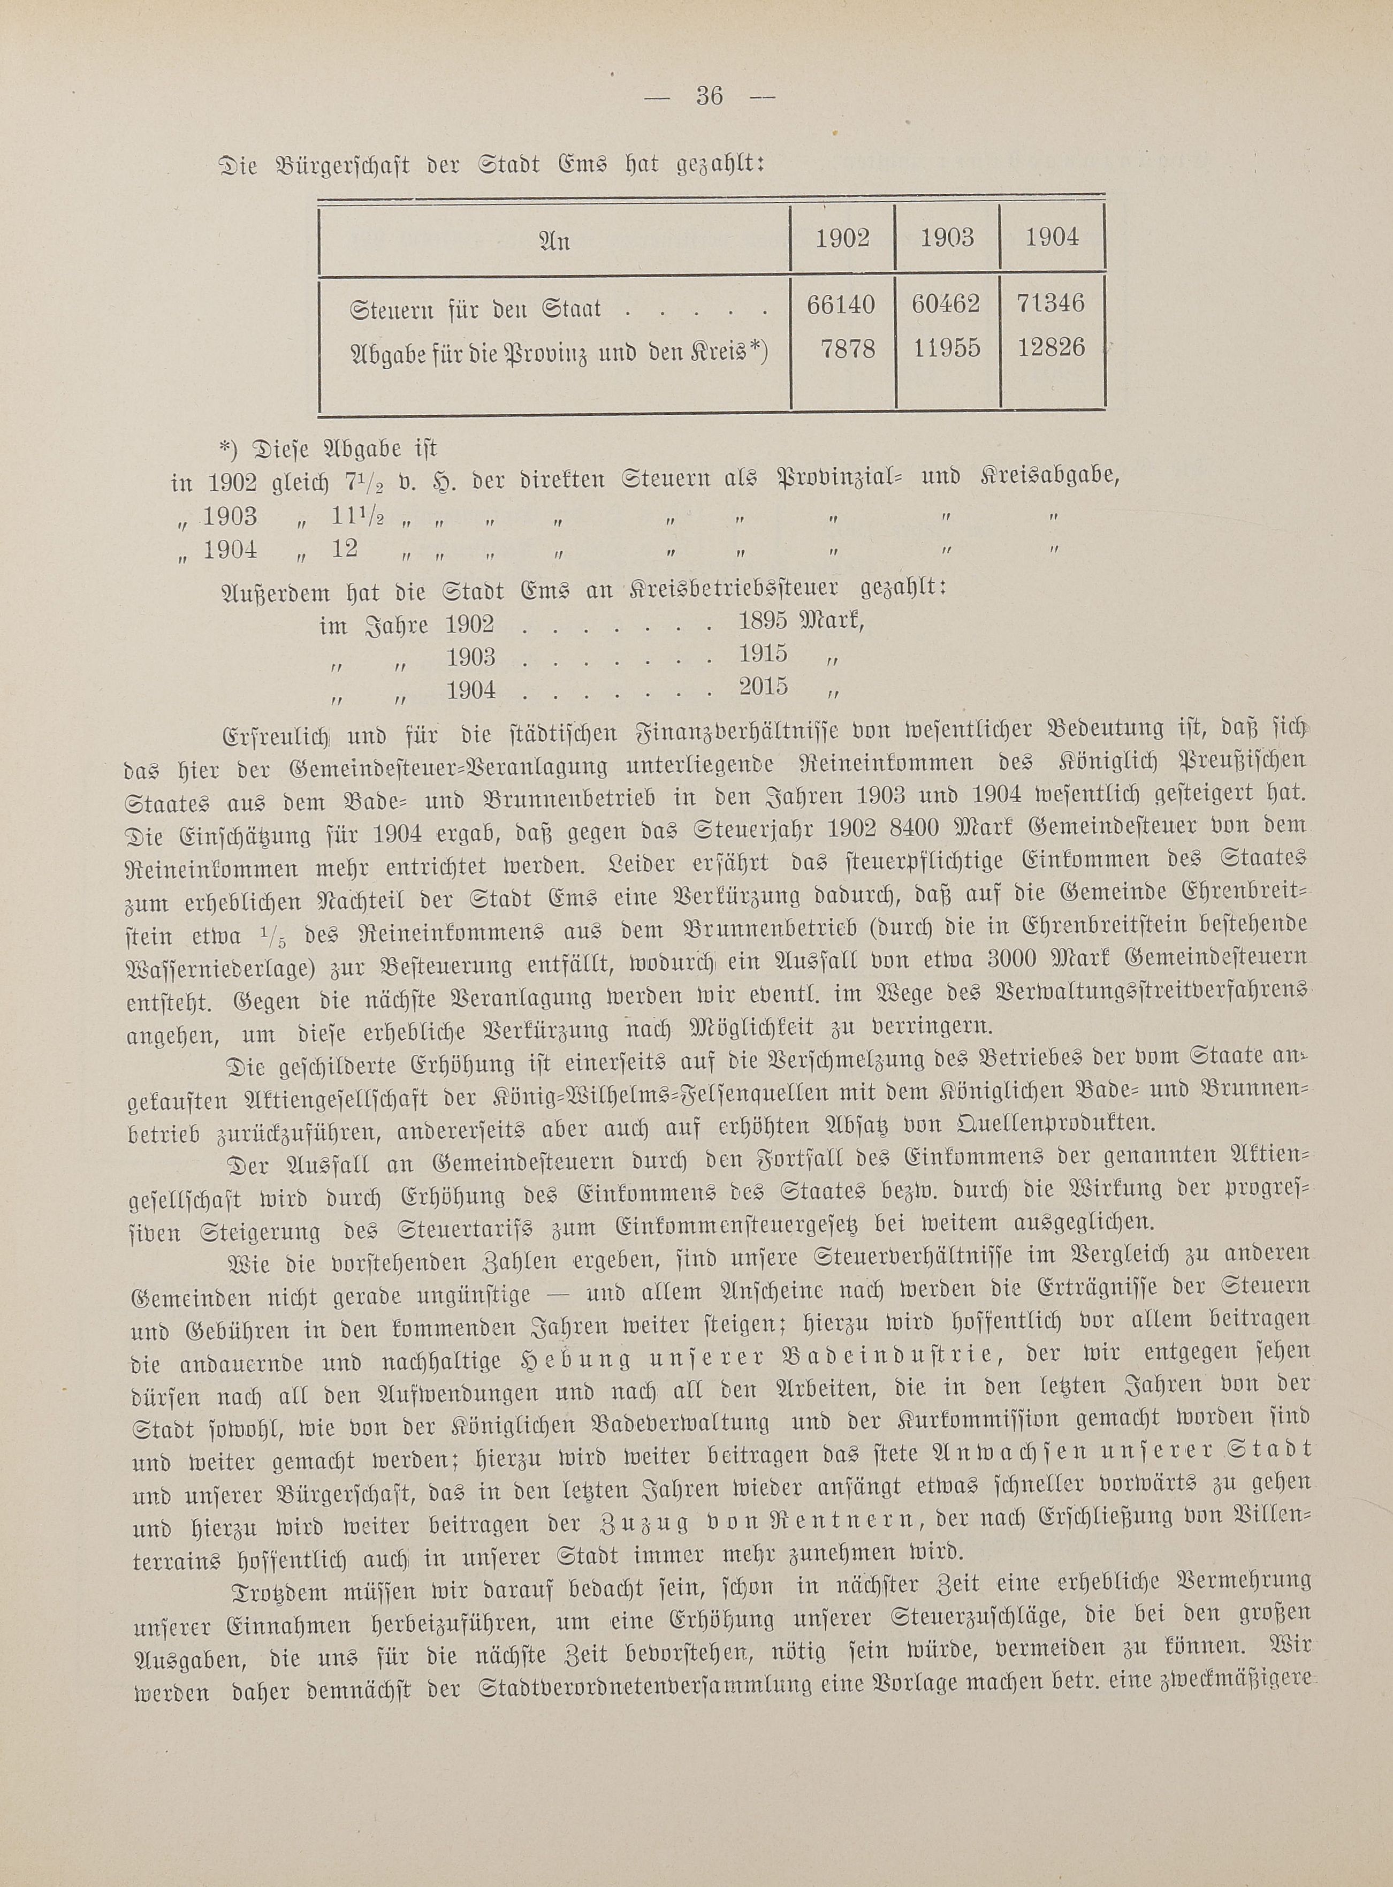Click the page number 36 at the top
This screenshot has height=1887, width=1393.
709,96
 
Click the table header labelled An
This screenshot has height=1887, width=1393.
554,242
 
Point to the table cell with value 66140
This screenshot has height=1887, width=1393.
841,305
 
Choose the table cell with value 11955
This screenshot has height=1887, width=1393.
946,348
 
